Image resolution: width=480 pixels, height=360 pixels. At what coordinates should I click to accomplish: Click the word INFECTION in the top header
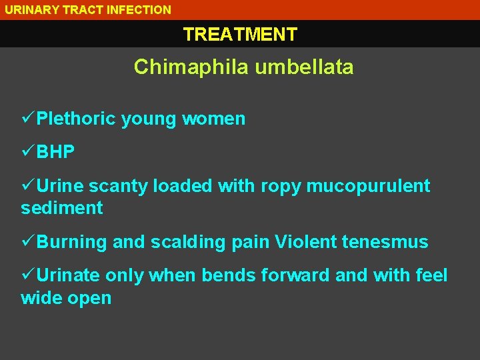coord(140,10)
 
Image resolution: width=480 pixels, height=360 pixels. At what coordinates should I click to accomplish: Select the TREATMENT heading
coord(240,34)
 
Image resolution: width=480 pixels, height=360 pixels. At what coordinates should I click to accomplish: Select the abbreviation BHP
coord(56,152)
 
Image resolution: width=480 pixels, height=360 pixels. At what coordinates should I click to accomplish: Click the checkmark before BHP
coord(28,152)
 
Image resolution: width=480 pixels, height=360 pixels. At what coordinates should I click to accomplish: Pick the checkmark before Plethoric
coord(28,119)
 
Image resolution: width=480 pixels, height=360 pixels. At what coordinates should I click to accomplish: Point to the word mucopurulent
coord(368,186)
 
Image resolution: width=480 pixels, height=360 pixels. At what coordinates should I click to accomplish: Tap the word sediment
coord(62,208)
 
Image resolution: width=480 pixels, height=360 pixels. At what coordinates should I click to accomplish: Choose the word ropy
coord(281,186)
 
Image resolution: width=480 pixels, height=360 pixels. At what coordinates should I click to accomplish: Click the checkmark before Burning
coord(28,242)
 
